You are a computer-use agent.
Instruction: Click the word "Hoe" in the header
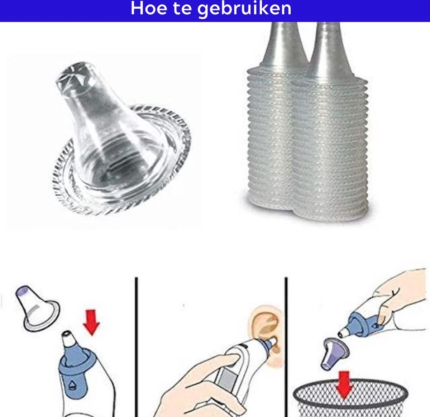click(149, 8)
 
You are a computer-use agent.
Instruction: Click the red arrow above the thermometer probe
click(91, 323)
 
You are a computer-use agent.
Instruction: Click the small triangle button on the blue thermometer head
click(72, 385)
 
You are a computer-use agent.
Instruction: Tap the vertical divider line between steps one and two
click(136, 347)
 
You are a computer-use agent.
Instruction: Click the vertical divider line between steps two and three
click(286, 347)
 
